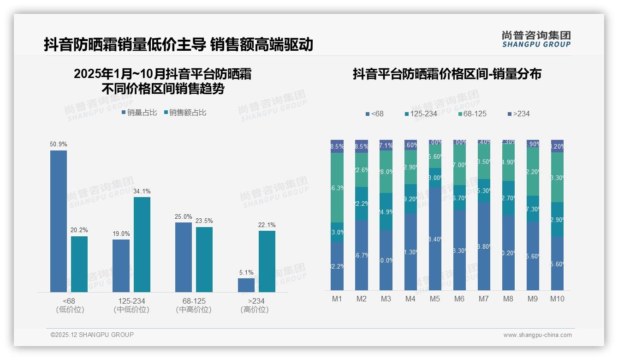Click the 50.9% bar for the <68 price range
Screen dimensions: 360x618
[x=59, y=221]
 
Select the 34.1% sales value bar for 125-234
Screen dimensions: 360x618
[x=142, y=245]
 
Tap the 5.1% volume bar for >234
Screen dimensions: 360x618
[x=246, y=285]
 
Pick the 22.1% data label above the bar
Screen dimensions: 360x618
[x=267, y=225]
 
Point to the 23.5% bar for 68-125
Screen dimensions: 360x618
[x=204, y=259]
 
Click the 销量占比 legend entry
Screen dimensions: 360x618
[x=139, y=112]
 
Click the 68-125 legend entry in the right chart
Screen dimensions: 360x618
[x=472, y=114]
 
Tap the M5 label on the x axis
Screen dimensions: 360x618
[x=435, y=299]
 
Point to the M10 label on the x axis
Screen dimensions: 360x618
[x=557, y=299]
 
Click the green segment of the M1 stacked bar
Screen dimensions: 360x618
[x=337, y=187]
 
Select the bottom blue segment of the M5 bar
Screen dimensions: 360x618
[x=435, y=239]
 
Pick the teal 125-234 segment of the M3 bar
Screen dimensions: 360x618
[x=386, y=212]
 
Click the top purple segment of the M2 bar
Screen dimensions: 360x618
[x=362, y=146]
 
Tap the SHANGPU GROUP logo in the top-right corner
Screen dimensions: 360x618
[x=536, y=39]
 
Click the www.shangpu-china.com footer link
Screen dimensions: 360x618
[x=537, y=335]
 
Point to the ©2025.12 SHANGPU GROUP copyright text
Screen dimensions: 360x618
[x=92, y=335]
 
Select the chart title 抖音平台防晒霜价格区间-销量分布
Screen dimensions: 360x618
[x=447, y=74]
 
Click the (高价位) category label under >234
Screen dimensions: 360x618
[x=255, y=310]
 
